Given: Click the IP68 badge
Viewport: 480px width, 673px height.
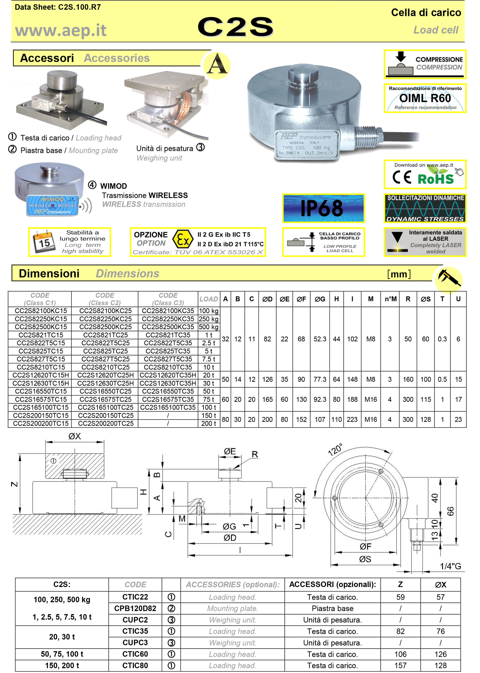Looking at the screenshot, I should (x=323, y=208).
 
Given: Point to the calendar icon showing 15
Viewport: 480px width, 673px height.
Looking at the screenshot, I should (x=44, y=241).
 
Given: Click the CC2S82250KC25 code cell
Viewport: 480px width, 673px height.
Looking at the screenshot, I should (x=105, y=318).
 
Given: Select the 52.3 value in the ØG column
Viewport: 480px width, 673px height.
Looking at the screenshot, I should (x=319, y=339).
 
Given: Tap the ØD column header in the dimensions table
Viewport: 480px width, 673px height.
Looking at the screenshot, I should (x=267, y=299).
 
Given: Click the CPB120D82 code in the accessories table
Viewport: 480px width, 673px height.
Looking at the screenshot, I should (x=135, y=608).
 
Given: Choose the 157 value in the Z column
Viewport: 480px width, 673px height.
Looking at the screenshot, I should (x=400, y=665).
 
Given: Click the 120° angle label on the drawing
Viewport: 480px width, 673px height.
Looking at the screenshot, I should (x=335, y=449).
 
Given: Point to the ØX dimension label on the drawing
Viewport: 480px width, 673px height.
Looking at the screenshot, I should (x=74, y=436).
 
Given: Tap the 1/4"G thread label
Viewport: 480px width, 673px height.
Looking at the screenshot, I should (x=450, y=566).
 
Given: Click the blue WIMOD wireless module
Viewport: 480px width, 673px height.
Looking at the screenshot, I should (x=52, y=205).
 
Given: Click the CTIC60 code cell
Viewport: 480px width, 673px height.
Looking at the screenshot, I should (x=135, y=654).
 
